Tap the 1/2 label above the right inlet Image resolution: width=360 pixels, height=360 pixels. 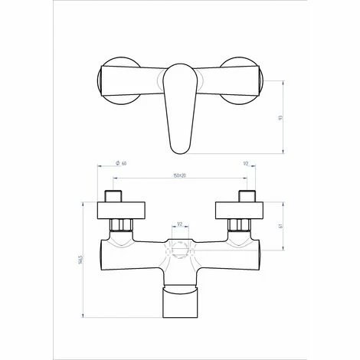(245, 164)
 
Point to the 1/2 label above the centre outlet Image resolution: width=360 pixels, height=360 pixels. (180, 224)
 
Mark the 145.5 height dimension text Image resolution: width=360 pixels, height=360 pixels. (79, 260)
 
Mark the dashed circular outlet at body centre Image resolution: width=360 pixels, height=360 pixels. (180, 249)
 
